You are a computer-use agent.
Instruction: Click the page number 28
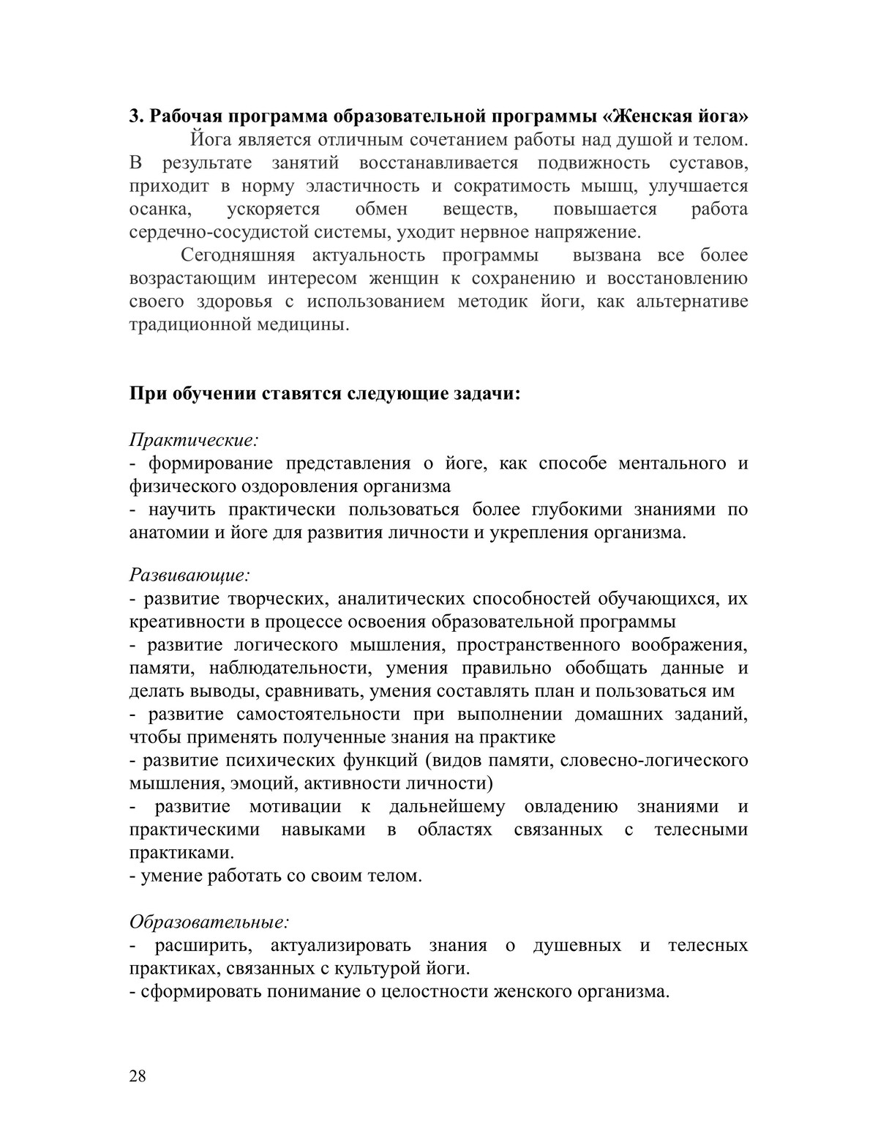138,1076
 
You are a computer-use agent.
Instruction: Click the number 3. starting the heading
136,116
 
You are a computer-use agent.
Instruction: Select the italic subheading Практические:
194,440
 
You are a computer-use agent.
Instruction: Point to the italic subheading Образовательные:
209,922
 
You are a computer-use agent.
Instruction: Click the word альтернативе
692,302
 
